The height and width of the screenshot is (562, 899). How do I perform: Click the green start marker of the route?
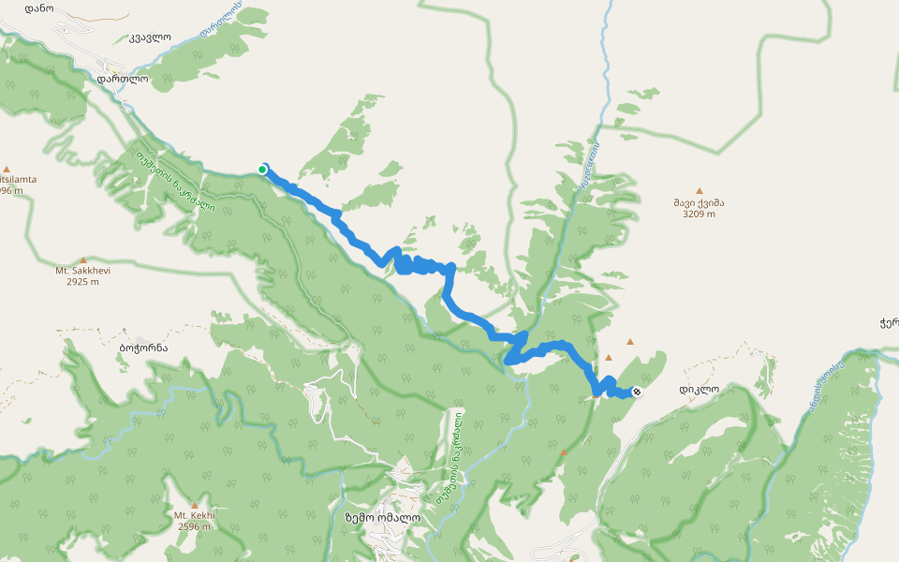[x=263, y=169]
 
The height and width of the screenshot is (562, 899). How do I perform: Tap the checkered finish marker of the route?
[x=637, y=392]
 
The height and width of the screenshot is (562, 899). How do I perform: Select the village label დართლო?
[x=122, y=80]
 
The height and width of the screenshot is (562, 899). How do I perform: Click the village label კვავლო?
[x=150, y=38]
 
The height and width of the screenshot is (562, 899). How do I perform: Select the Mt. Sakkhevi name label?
[x=83, y=271]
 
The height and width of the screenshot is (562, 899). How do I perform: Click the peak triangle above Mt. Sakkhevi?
[x=83, y=259]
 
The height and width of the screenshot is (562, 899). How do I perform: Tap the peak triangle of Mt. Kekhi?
[x=194, y=505]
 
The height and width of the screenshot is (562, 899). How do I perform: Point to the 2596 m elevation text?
[x=194, y=526]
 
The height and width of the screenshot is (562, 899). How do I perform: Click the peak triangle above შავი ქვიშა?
[x=699, y=190]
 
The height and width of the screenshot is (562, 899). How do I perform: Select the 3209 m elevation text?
[x=699, y=214]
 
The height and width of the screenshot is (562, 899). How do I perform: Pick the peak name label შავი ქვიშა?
[x=699, y=202]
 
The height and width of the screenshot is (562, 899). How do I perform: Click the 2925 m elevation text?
[x=83, y=281]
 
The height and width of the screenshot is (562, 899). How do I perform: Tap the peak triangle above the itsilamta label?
[x=7, y=168]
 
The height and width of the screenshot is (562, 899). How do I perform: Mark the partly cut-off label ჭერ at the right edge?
[x=889, y=324]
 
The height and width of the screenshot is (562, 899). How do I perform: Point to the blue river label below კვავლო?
[x=221, y=21]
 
